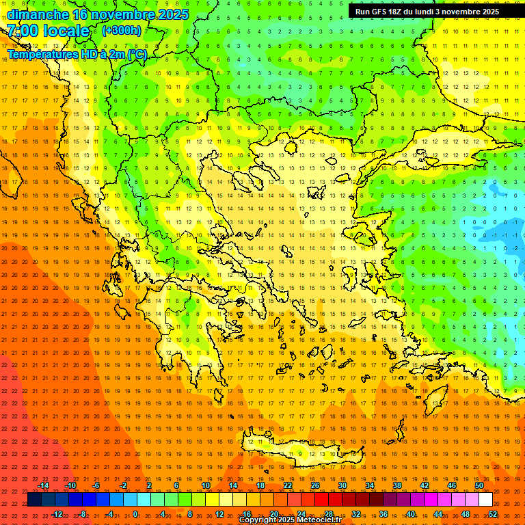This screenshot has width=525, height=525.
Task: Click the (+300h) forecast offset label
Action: point(122,30)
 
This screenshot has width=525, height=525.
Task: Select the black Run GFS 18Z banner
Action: point(427,12)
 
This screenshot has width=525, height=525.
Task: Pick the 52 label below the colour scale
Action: point(493,514)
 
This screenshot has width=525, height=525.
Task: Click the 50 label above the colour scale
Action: point(479,485)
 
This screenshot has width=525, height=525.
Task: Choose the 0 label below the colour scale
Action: point(135,514)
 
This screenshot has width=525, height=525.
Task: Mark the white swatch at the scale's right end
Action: point(486,500)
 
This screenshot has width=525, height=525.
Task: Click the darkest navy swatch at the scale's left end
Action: point(34,500)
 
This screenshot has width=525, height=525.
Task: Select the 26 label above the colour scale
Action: point(314,485)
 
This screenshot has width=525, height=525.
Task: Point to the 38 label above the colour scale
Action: point(396,485)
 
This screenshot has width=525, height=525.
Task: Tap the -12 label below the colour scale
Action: point(57,514)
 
